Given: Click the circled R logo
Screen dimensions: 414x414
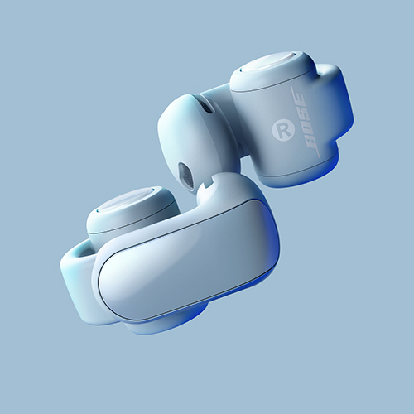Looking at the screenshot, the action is [x=283, y=131].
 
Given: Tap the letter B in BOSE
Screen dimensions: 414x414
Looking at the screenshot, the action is [x=311, y=142].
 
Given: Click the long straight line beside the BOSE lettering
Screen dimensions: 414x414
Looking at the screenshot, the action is [x=305, y=122].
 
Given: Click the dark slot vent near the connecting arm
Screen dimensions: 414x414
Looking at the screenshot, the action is [x=207, y=106].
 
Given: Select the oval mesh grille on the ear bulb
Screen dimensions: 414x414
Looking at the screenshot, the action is [x=185, y=176].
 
